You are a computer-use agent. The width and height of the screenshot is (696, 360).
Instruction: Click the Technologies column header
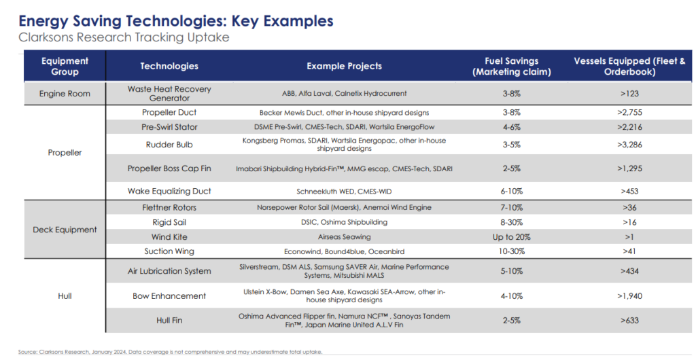pyautogui.click(x=169, y=66)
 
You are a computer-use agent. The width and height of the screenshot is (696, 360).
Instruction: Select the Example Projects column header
pyautogui.click(x=344, y=66)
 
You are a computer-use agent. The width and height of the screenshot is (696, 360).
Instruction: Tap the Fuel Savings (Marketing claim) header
pyautogui.click(x=511, y=67)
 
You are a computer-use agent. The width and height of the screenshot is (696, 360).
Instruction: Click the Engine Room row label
pyautogui.click(x=65, y=94)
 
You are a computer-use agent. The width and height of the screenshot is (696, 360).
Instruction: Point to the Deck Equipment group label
pyautogui.click(x=65, y=230)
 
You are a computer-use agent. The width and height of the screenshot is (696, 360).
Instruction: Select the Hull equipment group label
pyautogui.click(x=65, y=295)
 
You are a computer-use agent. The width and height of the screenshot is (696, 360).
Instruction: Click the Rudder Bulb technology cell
pyautogui.click(x=169, y=145)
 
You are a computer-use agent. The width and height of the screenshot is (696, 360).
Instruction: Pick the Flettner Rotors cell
pyautogui.click(x=169, y=207)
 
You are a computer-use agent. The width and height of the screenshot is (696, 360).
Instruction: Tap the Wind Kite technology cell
pyautogui.click(x=169, y=237)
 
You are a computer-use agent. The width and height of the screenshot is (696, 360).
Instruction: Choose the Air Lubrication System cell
pyautogui.click(x=169, y=271)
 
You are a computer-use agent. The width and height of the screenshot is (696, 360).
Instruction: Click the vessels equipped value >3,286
pyautogui.click(x=629, y=145)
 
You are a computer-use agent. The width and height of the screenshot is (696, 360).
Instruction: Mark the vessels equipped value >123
pyautogui.click(x=629, y=94)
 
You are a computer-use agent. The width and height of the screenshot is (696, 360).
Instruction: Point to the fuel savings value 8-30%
pyautogui.click(x=511, y=222)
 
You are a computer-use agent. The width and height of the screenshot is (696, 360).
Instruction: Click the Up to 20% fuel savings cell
pyautogui.click(x=511, y=237)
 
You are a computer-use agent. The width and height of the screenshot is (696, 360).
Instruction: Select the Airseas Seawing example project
pyautogui.click(x=344, y=237)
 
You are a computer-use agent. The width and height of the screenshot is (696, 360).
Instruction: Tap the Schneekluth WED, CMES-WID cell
pyautogui.click(x=344, y=192)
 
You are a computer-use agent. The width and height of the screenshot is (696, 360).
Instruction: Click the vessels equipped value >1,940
pyautogui.click(x=629, y=295)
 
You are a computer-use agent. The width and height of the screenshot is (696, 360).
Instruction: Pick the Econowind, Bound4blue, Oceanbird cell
pyautogui.click(x=344, y=251)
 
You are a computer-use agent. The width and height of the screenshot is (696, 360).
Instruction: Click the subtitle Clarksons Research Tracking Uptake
pyautogui.click(x=124, y=37)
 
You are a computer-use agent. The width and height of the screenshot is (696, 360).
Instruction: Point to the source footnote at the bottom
pyautogui.click(x=170, y=352)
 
